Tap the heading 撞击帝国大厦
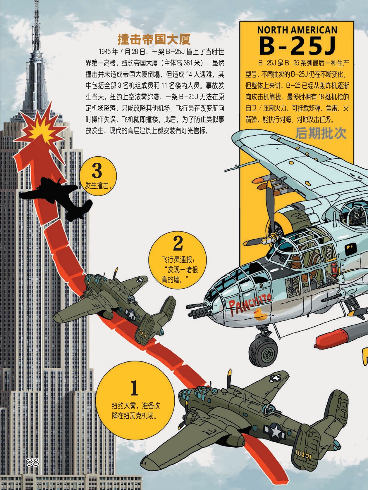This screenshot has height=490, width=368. tap(154, 39)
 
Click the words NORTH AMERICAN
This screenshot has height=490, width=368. tap(297, 30)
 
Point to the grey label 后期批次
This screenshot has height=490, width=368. tap(321, 134)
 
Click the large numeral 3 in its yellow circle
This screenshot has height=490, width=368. tap(97, 171)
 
